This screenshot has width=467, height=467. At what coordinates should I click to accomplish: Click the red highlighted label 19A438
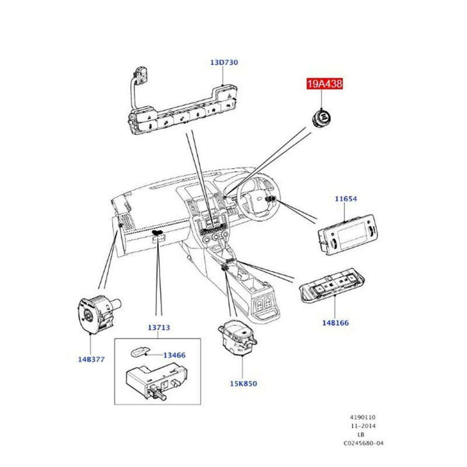pos(325,85)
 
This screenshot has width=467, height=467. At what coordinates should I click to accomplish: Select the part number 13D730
pos(224,62)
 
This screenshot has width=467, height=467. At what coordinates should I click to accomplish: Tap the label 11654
pos(346,199)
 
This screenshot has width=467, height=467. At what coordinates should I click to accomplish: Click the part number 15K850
pos(243,384)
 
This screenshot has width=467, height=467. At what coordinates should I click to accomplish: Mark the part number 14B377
pos(91,359)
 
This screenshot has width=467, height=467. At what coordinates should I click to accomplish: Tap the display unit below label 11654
pos(345,234)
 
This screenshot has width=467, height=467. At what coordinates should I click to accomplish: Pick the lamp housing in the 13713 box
pos(155,381)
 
